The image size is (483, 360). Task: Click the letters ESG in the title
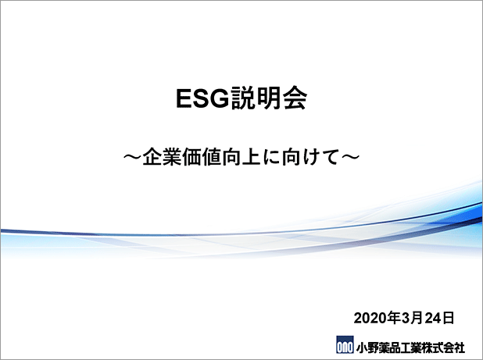pos(203,98)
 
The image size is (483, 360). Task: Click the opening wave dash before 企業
pos(132,157)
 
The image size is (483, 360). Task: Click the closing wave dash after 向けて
pos(351,157)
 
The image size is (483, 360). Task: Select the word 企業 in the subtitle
pos(162,157)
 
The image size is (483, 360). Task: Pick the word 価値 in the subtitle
pos(202,157)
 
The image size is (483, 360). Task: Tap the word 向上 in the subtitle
pos(241,157)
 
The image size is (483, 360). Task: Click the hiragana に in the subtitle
pos(271,157)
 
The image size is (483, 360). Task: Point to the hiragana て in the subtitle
pos(331,157)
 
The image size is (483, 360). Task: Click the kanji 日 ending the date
pos(448,318)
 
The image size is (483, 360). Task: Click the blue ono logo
pos(345,344)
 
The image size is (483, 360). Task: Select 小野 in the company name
pos(367,348)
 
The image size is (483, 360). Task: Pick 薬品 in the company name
pos(388,348)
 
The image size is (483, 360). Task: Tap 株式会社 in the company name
pos(442,348)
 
